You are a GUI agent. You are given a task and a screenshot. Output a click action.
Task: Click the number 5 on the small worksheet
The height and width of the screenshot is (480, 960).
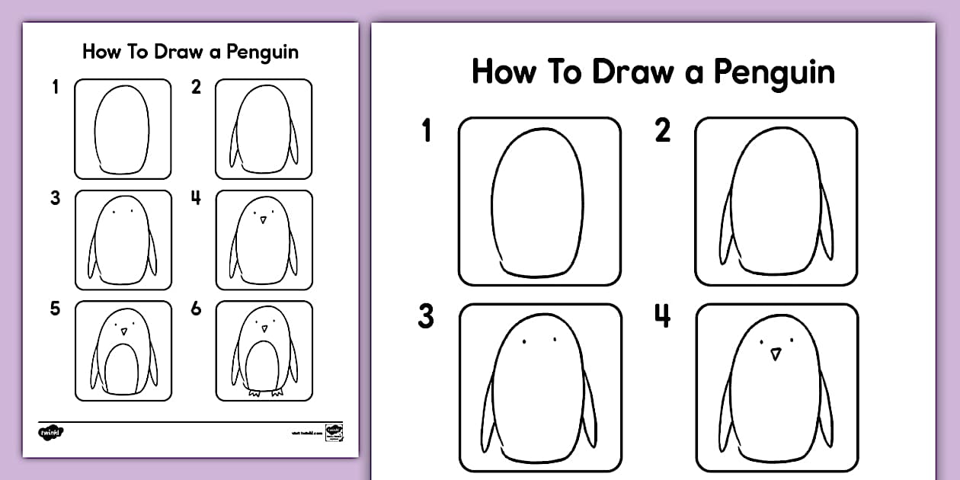click(55, 310)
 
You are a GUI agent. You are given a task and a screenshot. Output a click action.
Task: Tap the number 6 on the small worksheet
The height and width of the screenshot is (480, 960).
click(196, 310)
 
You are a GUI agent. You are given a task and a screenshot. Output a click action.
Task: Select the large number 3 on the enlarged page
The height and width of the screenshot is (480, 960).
click(426, 316)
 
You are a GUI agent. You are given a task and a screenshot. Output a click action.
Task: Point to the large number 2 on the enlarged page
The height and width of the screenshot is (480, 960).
click(663, 131)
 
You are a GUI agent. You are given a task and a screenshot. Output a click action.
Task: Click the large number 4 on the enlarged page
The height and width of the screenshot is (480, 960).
click(663, 316)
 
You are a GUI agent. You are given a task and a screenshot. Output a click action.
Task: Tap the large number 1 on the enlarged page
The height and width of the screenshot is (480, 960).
click(427, 131)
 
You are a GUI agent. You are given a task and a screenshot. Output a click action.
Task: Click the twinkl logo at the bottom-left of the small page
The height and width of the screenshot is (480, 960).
click(51, 432)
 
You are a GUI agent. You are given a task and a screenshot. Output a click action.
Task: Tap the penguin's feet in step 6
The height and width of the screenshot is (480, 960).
click(264, 393)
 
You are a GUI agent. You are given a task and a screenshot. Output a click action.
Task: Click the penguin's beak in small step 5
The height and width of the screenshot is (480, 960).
click(123, 331)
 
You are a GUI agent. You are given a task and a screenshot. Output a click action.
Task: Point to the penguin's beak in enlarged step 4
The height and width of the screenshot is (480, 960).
click(776, 354)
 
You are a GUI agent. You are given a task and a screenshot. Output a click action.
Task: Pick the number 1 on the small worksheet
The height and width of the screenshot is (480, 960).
click(55, 87)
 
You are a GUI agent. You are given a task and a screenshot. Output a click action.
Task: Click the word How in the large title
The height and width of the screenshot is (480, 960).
click(503, 72)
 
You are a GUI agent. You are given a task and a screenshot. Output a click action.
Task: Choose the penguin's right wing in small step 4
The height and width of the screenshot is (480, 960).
click(293, 257)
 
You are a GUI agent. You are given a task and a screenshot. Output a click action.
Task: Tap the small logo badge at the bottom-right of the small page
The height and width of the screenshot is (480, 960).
click(333, 432)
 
